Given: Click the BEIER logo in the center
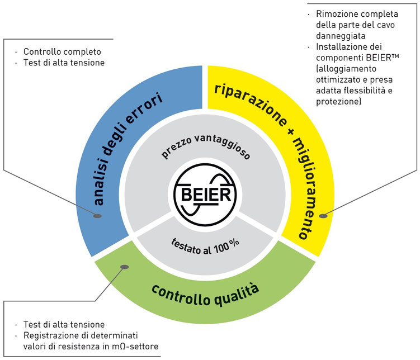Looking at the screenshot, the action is pyautogui.click(x=205, y=195).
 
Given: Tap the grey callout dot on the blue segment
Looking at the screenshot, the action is pyautogui.click(x=97, y=216).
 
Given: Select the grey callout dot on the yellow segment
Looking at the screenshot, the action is pyautogui.click(x=323, y=216).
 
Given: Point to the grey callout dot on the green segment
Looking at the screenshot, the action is pyautogui.click(x=125, y=267).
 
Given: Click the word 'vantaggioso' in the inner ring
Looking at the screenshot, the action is pyautogui.click(x=223, y=146).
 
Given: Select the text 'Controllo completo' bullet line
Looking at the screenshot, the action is pyautogui.click(x=62, y=51).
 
